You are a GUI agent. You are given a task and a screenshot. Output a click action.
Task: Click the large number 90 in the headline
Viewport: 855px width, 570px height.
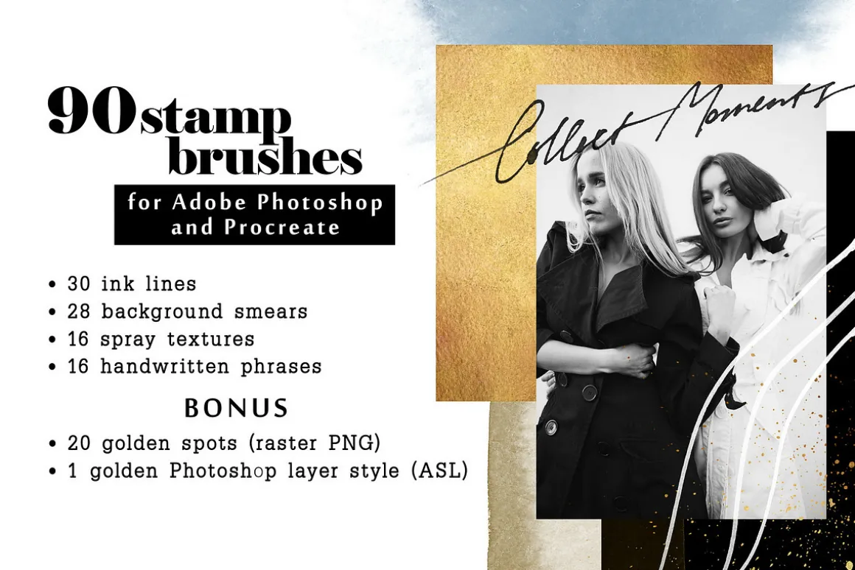coord(91,111)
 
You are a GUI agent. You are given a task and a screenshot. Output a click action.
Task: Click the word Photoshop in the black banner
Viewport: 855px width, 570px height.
coord(320,203)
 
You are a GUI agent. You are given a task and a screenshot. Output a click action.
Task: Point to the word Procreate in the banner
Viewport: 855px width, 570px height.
coord(282,228)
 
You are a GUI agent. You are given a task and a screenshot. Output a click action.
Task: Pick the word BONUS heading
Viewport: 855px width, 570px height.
coord(236,408)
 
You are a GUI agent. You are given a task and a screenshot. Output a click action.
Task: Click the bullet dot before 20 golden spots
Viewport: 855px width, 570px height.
coord(52,444)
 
